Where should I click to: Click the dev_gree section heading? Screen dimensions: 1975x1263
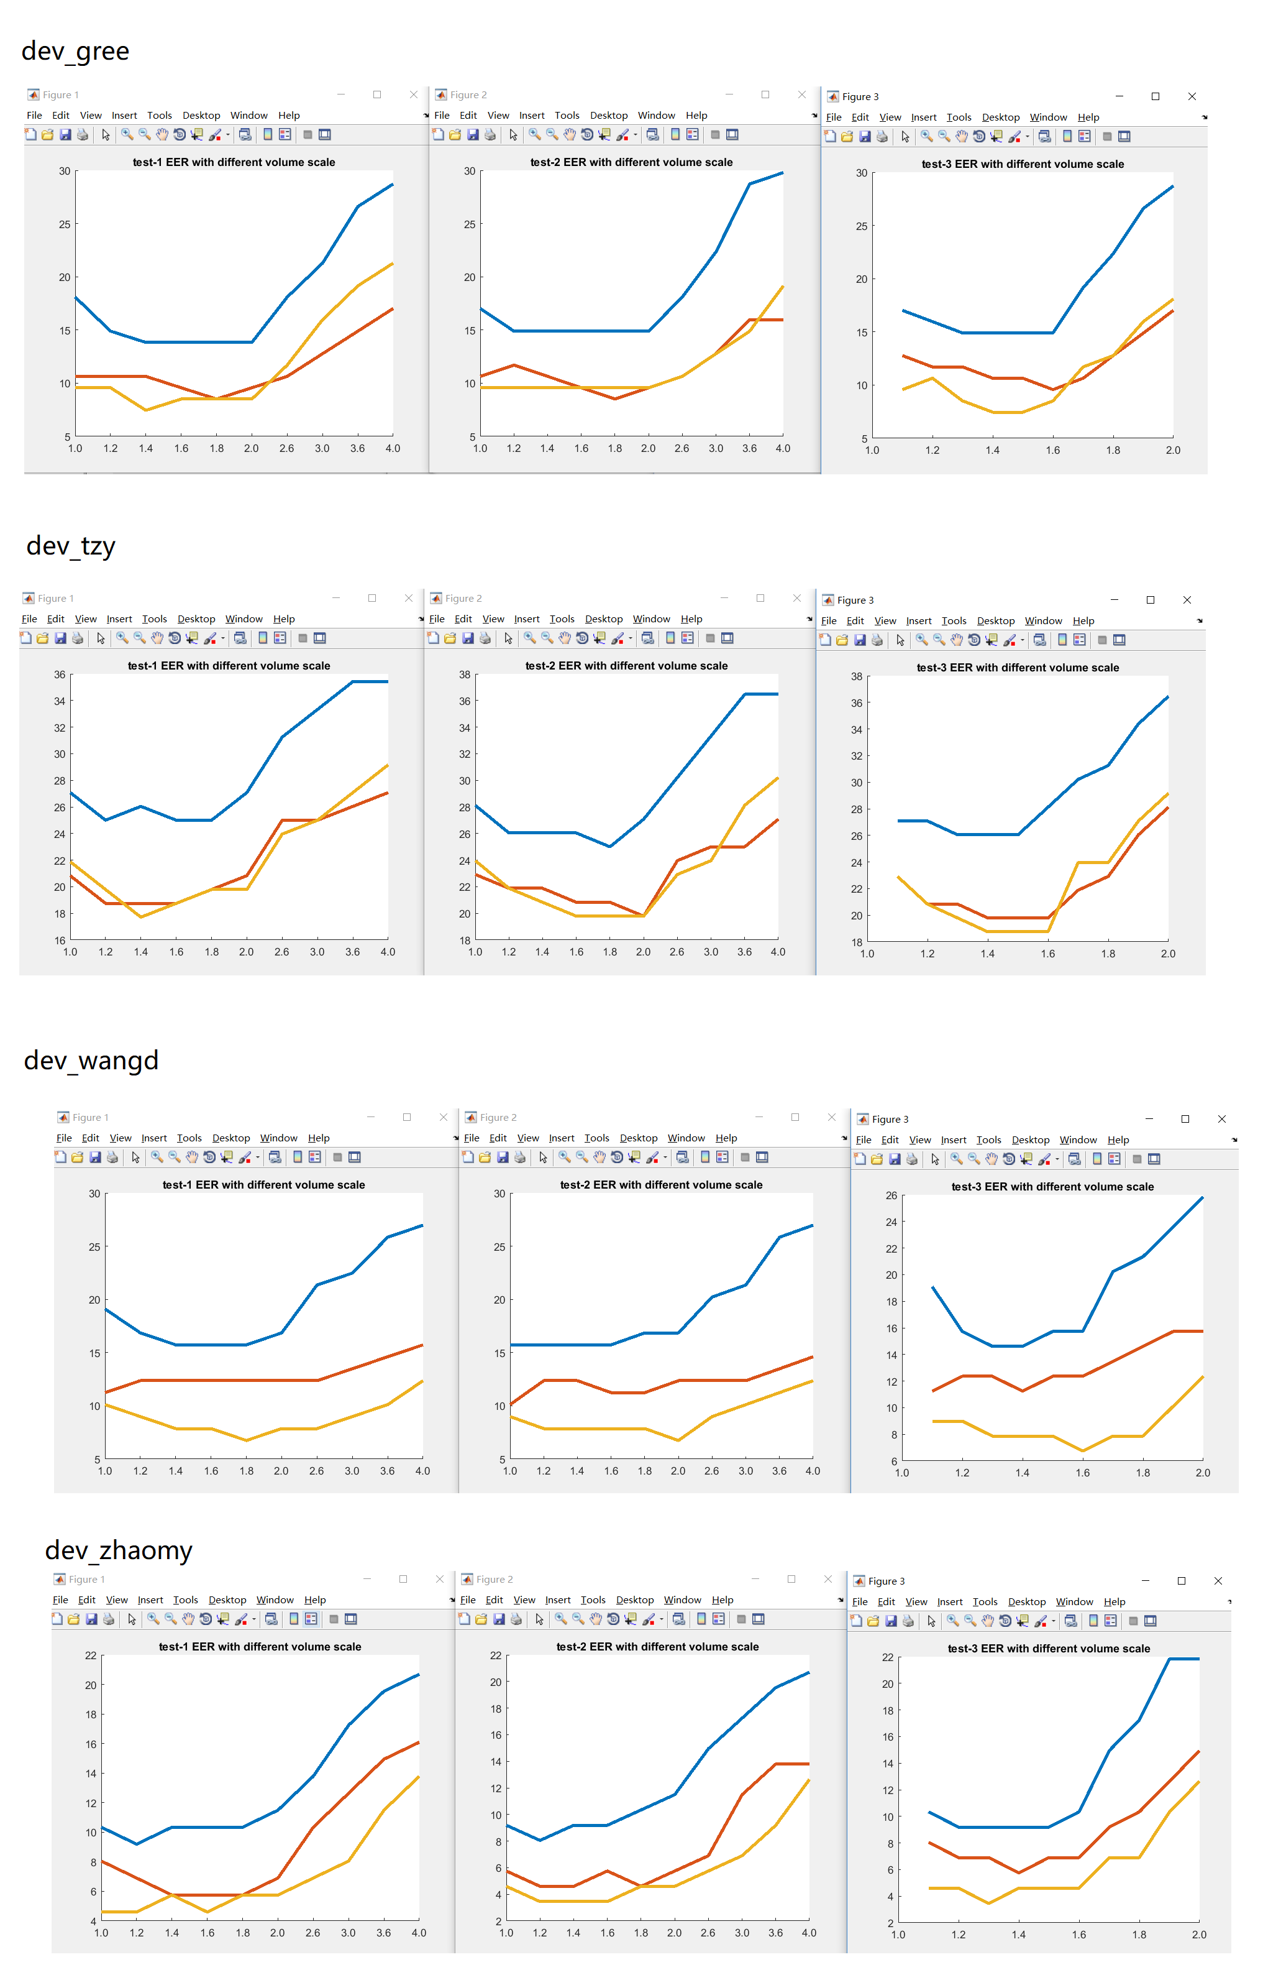[75, 51]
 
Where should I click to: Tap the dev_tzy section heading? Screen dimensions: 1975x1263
[71, 546]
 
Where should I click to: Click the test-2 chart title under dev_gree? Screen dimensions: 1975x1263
[631, 162]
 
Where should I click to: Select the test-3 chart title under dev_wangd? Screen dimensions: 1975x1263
[1052, 1187]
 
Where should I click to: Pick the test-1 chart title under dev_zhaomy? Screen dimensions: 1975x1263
[260, 1647]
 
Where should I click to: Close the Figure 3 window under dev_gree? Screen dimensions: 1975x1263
[1192, 97]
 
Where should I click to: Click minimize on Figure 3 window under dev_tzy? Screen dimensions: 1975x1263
[1114, 600]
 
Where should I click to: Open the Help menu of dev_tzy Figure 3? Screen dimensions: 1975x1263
[1083, 621]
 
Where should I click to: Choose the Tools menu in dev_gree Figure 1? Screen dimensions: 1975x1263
[159, 116]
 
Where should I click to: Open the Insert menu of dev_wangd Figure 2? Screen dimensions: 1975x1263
[562, 1138]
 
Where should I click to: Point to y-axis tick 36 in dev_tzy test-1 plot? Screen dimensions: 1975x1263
[60, 674]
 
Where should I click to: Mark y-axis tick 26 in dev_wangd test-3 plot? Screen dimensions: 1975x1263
[891, 1195]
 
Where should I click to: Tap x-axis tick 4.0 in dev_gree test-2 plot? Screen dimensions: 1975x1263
[783, 449]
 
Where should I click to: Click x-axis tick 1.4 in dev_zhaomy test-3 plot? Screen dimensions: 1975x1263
[1019, 1935]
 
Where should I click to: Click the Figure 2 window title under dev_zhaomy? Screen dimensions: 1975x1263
[495, 1580]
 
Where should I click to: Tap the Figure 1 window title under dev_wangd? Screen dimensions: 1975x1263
[90, 1118]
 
